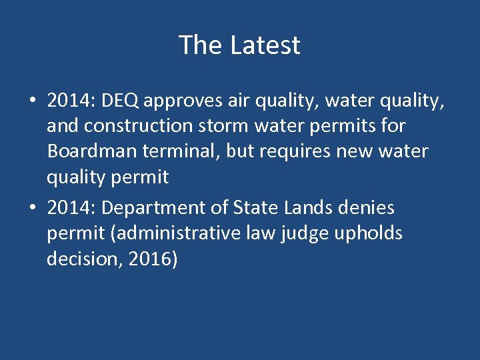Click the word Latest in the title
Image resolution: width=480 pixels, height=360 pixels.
(265, 45)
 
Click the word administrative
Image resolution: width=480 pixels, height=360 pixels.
(167, 234)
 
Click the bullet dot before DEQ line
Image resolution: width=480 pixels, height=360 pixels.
(32, 101)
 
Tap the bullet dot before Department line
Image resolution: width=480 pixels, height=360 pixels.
(32, 209)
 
